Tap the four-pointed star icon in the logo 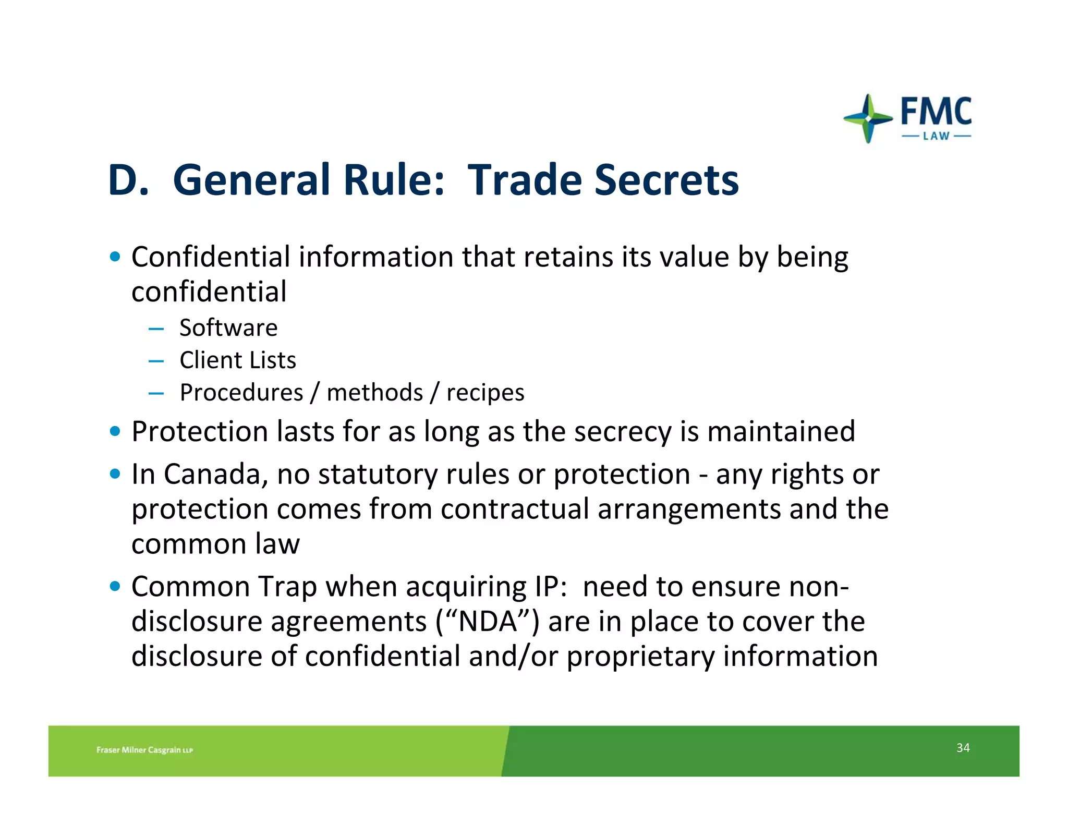point(868,118)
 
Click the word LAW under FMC point(936,137)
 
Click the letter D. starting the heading point(127,180)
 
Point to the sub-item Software point(228,328)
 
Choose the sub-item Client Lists point(238,360)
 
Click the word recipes point(485,393)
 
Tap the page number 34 point(963,748)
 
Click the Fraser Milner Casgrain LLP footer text point(144,750)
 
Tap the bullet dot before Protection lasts point(115,432)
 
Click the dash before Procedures point(156,393)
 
